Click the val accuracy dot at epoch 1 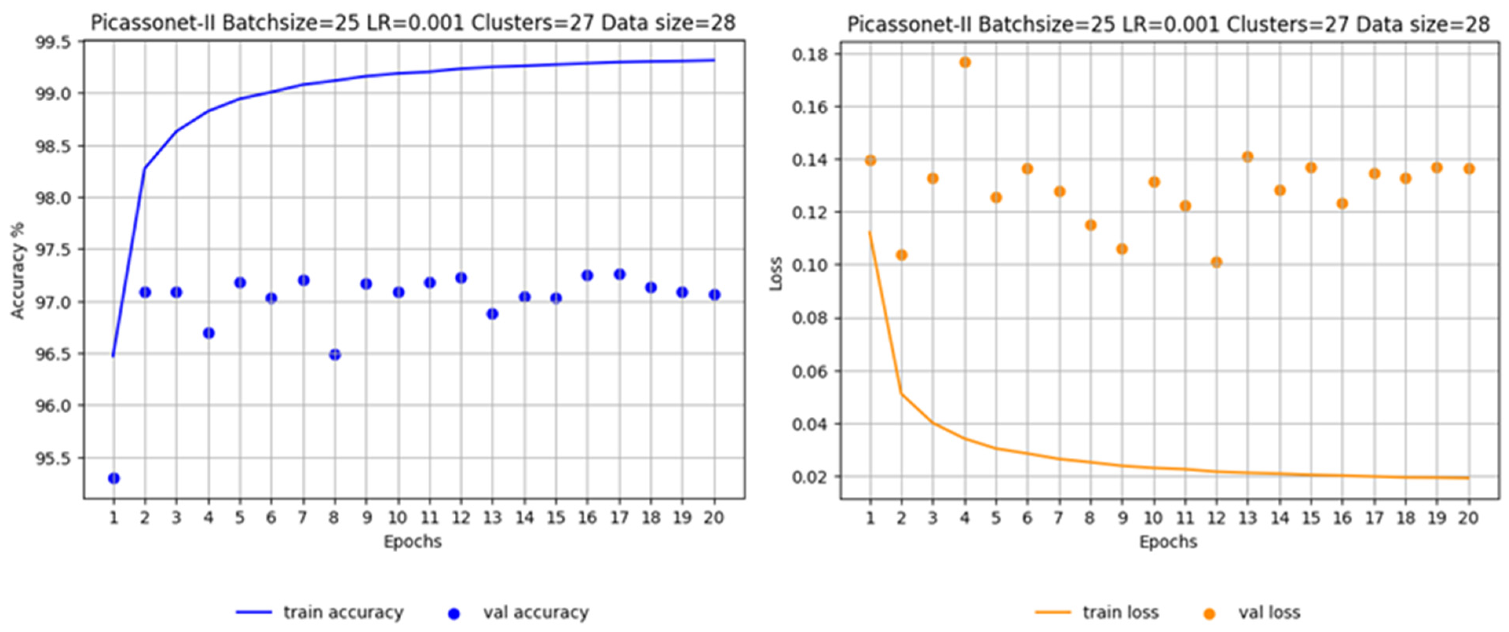(113, 479)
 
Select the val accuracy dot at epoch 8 (335, 354)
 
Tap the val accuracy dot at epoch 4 (209, 333)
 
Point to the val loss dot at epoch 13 (1248, 156)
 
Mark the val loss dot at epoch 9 (1122, 249)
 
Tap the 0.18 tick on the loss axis (810, 55)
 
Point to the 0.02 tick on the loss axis (810, 477)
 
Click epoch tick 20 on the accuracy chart (713, 518)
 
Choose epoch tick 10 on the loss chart (1153, 518)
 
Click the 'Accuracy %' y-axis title (18, 270)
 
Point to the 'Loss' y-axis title (776, 274)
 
